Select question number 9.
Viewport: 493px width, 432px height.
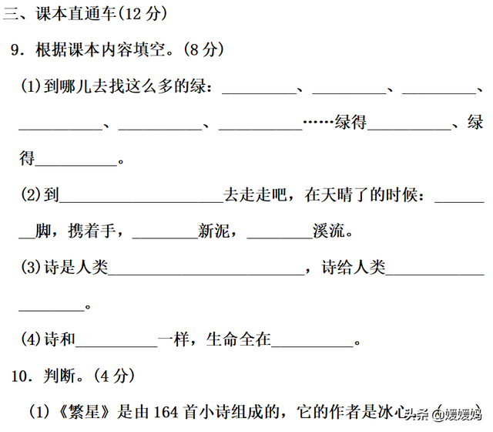(17, 50)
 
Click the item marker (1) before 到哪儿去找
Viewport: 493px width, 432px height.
(32, 87)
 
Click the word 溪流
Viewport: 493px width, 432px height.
(330, 231)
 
